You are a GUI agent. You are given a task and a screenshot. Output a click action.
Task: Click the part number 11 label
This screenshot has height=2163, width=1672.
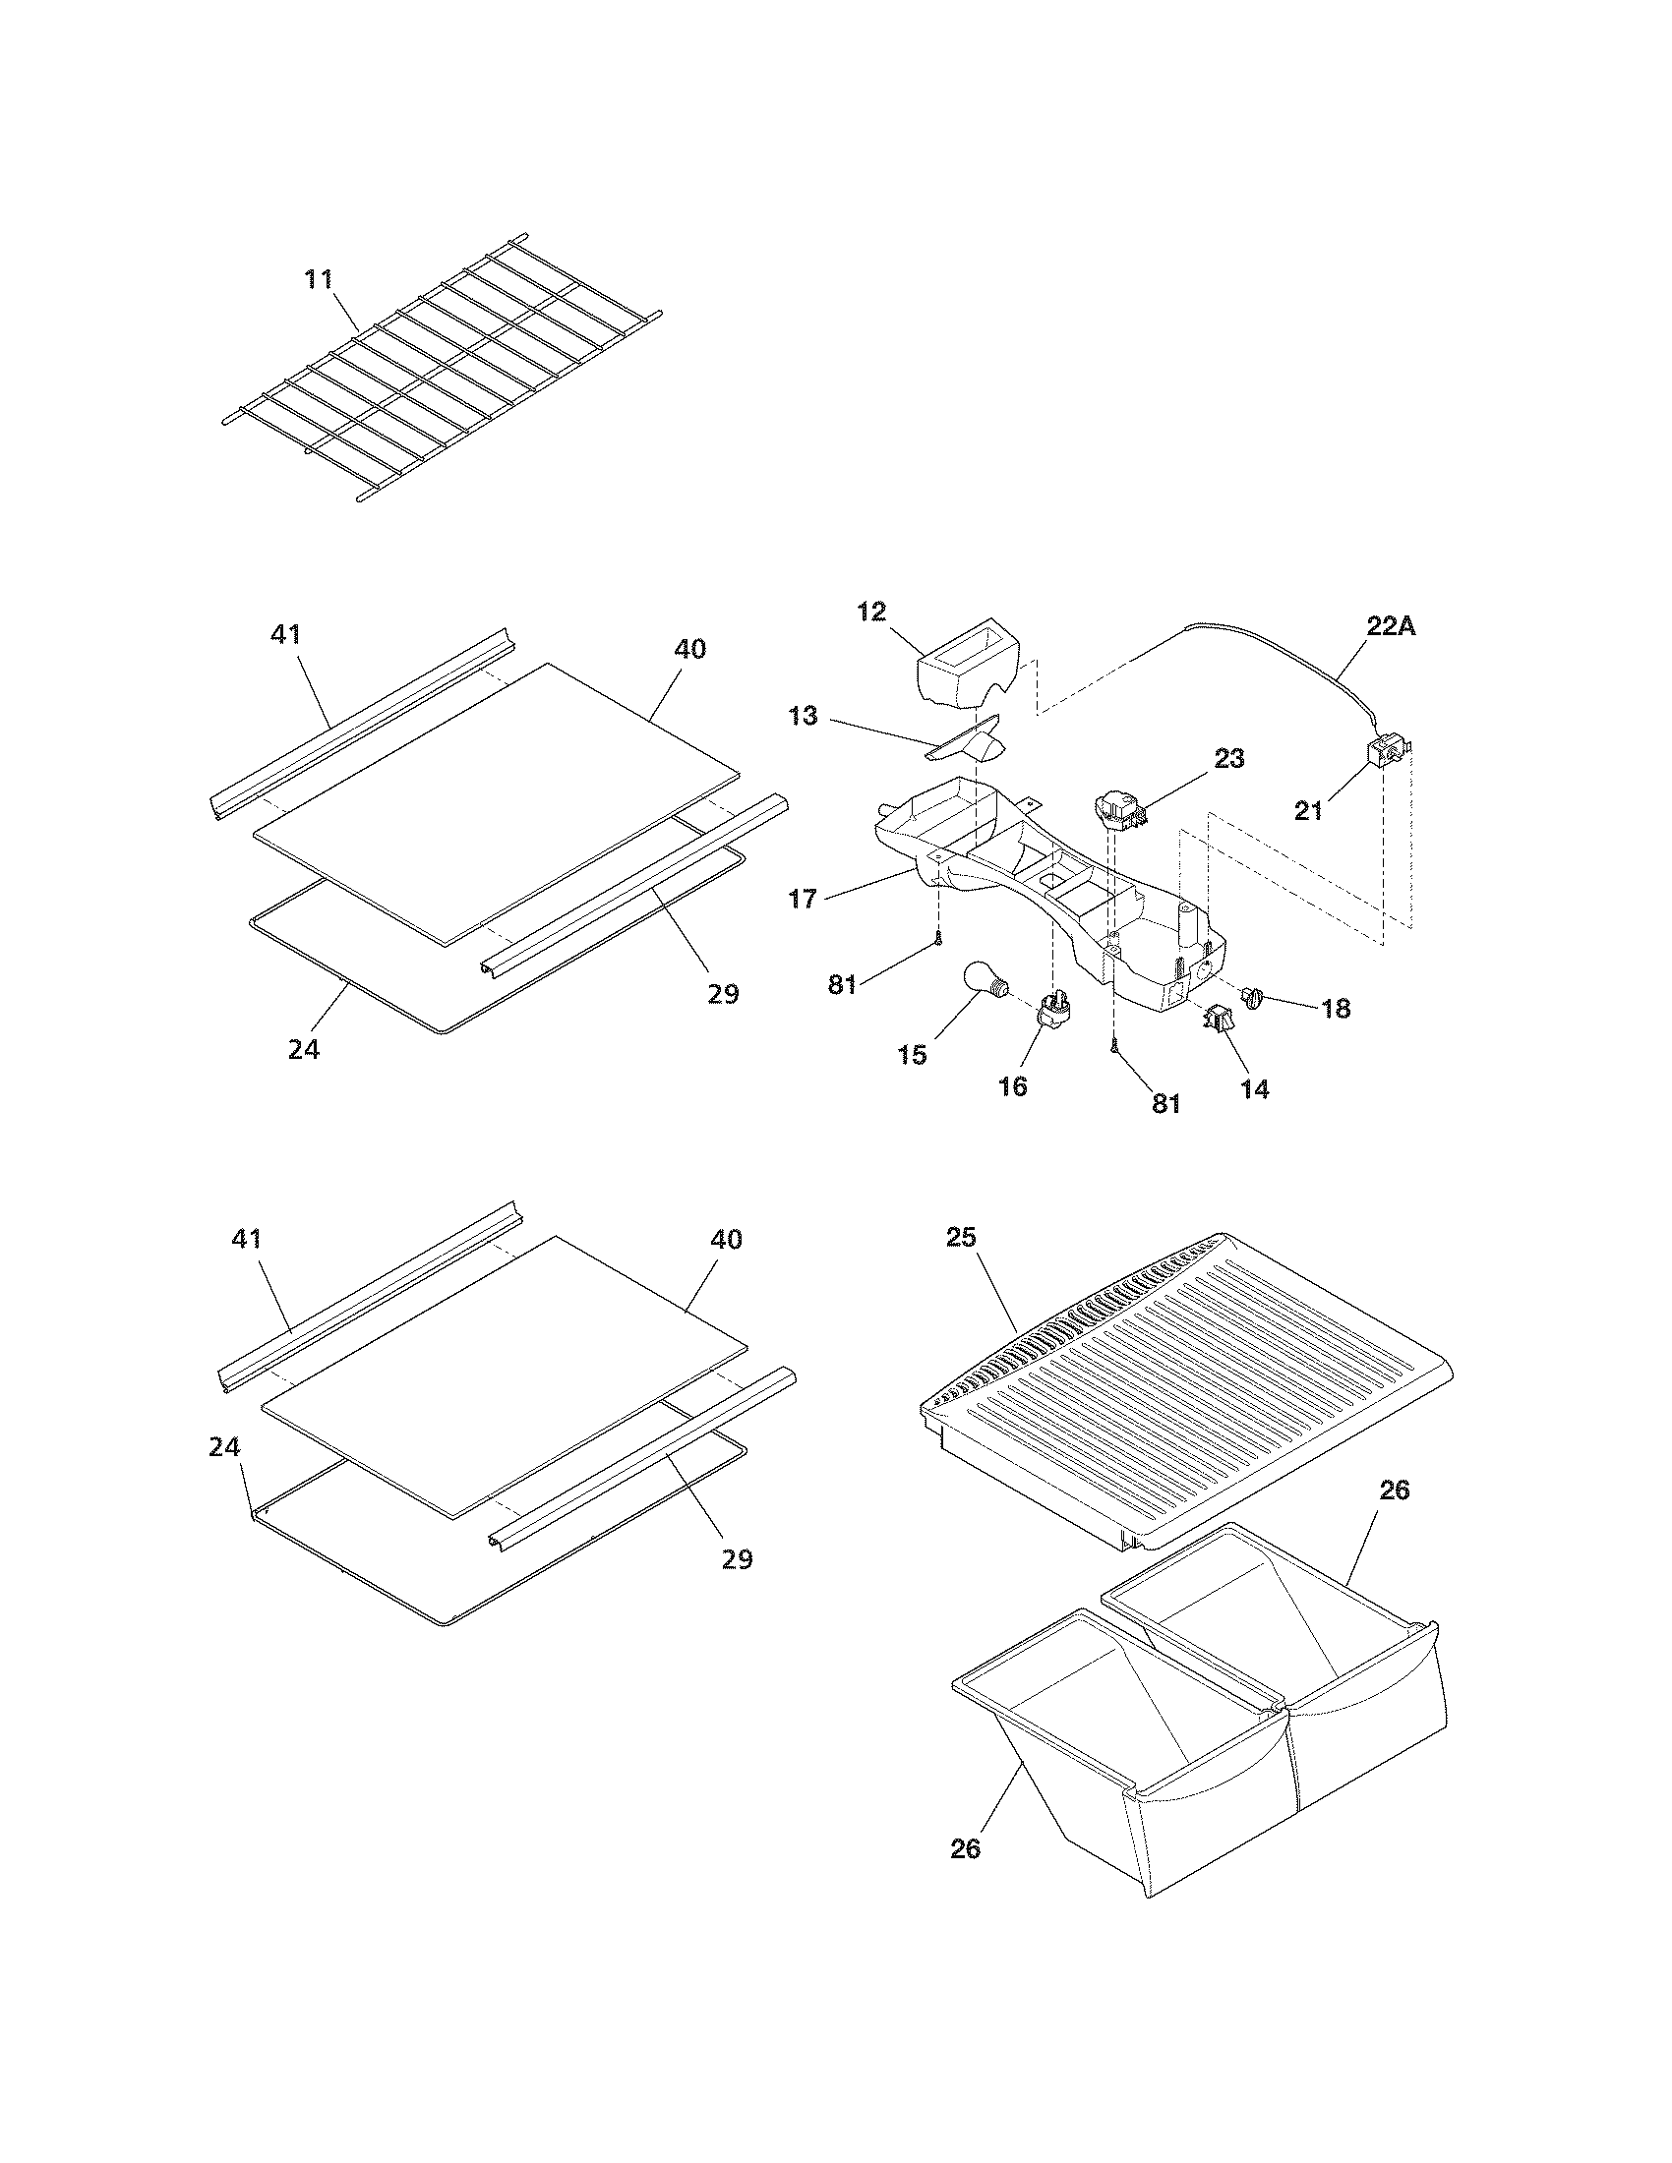(x=318, y=279)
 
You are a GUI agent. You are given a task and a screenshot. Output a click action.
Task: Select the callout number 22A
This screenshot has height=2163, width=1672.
(x=1391, y=626)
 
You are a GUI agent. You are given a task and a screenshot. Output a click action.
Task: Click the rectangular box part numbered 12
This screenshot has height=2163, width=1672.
(x=966, y=674)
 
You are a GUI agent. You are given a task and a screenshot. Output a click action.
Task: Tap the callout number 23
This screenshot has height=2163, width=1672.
(x=1228, y=758)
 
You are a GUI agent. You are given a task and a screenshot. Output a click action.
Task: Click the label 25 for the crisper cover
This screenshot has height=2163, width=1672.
(x=961, y=1237)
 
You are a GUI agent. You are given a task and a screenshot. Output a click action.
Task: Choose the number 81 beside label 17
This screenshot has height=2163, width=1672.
(x=842, y=986)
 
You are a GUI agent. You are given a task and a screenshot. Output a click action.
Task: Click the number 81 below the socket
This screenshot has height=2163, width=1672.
(x=1165, y=1103)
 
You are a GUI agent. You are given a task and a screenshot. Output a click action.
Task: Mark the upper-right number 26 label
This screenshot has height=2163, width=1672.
(x=1395, y=1490)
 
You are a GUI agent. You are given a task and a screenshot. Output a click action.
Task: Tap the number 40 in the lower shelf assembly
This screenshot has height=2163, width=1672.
(x=726, y=1239)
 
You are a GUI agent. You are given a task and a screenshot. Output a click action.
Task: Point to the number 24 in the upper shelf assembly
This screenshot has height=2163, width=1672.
(x=304, y=1049)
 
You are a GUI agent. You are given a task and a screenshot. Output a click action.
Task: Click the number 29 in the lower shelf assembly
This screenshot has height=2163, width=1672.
(x=737, y=1559)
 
